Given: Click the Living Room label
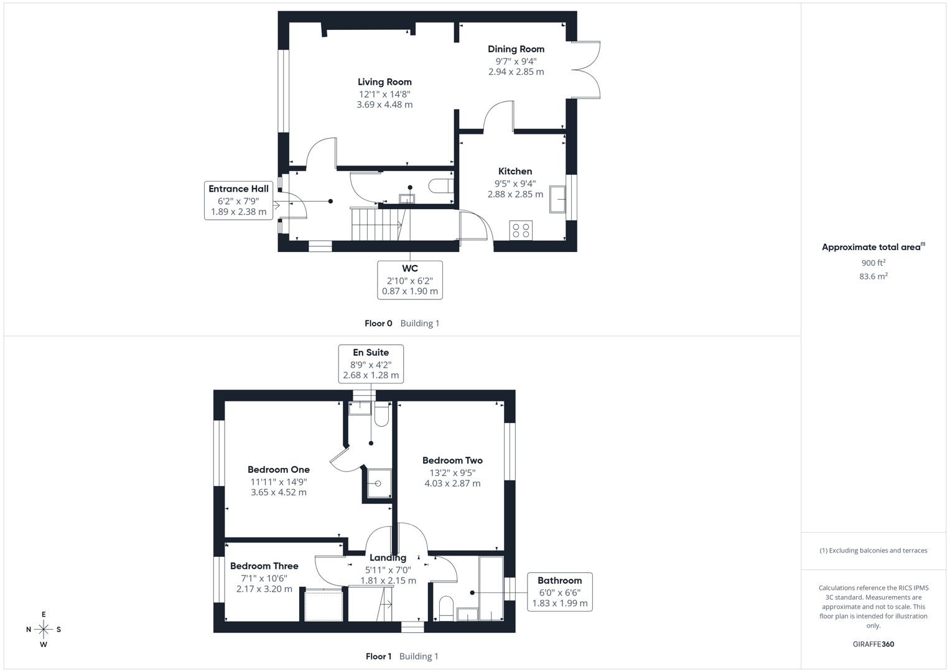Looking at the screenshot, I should [x=384, y=82].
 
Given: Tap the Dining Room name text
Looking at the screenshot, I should [x=516, y=49].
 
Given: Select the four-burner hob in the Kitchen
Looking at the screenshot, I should [x=521, y=231].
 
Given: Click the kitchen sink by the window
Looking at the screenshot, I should [x=557, y=200].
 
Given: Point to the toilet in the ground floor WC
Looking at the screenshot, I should [x=440, y=186].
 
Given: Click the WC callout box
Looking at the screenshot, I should [x=410, y=280].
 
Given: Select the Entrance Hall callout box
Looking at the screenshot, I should [x=238, y=200].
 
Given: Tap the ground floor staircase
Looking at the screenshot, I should [x=377, y=224].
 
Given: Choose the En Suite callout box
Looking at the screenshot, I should [x=371, y=364].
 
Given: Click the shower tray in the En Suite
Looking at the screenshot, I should [x=378, y=483].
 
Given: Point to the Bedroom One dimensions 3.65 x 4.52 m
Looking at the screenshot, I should [x=278, y=492].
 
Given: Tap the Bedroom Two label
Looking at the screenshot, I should [x=452, y=461].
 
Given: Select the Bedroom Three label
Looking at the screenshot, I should [x=264, y=566].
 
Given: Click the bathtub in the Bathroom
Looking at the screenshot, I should [x=491, y=589].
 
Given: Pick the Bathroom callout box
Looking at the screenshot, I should [x=559, y=592].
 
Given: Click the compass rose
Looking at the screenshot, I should [x=44, y=630].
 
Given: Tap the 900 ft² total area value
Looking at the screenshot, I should [x=873, y=263].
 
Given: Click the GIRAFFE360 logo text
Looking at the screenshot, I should [x=873, y=644].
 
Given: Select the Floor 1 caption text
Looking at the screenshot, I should [x=378, y=656].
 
